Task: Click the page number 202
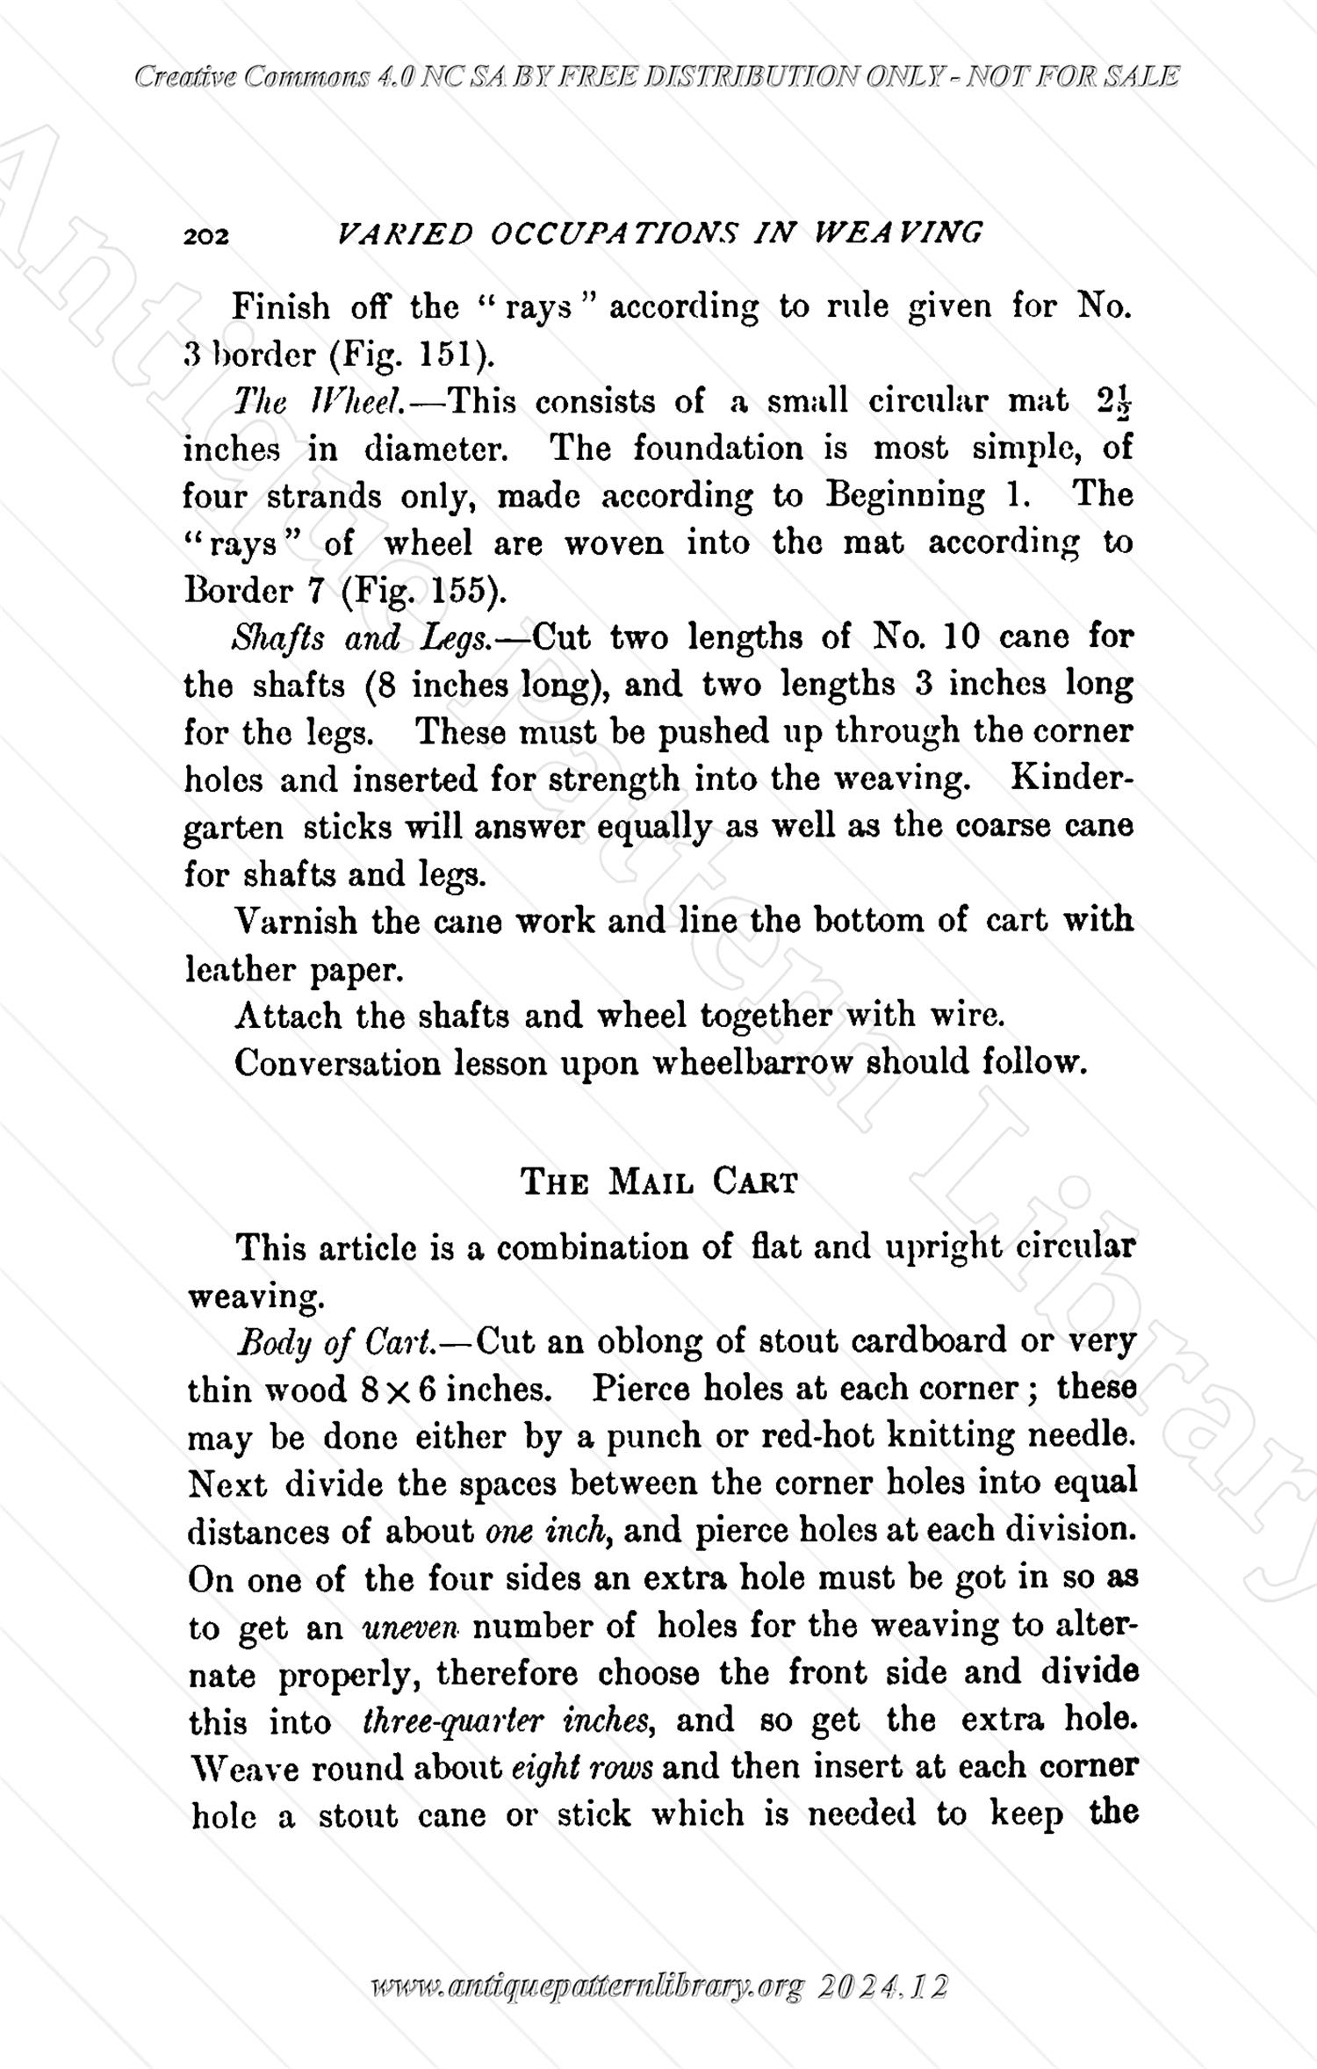(206, 236)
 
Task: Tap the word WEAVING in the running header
(898, 233)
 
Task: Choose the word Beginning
(905, 496)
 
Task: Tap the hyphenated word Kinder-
(1072, 779)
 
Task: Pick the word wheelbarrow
(752, 1064)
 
